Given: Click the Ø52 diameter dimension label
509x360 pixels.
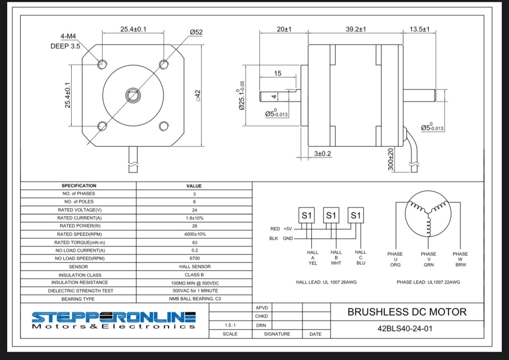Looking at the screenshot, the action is (196, 32).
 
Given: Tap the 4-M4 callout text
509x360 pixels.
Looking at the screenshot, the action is (68, 36).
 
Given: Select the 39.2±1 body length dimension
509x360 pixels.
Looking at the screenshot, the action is (356, 29).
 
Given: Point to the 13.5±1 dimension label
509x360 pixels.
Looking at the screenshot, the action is (420, 29).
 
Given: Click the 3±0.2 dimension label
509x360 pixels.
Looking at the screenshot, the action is (323, 154).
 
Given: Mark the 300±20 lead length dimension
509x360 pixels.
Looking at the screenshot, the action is (390, 159).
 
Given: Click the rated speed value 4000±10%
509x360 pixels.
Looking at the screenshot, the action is (195, 234).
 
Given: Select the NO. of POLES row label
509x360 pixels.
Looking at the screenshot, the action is (79, 202).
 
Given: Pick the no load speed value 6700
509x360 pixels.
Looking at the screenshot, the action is (195, 258).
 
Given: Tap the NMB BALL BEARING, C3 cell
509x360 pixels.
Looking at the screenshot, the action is (195, 299).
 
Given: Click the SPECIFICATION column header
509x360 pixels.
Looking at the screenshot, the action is (79, 186).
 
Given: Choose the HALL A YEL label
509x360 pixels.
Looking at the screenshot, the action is (313, 258).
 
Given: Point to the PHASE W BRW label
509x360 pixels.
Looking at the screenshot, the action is (460, 259).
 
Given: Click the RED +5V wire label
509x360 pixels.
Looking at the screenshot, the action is (281, 229).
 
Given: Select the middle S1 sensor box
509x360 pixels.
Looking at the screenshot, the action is (331, 215).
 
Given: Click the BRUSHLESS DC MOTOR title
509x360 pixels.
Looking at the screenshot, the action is (407, 312).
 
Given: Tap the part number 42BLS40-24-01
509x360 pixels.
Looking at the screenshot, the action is (405, 329).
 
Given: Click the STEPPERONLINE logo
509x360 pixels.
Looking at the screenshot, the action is (114, 320).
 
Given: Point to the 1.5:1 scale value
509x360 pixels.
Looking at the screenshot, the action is (230, 325).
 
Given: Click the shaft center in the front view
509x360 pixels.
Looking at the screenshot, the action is (133, 95).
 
